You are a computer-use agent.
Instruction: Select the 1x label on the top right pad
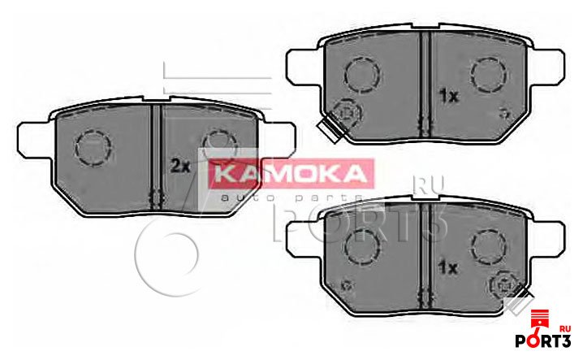pyautogui.click(x=449, y=96)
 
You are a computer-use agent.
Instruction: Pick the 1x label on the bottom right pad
pyautogui.click(x=449, y=267)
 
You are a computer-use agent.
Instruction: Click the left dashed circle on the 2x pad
pyautogui.click(x=91, y=146)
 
